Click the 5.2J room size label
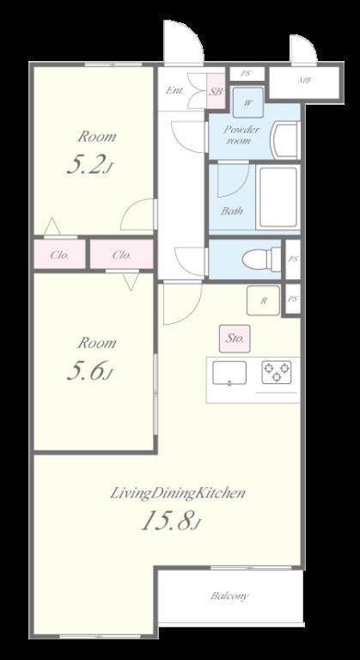tap(89, 166)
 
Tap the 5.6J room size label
tap(89, 371)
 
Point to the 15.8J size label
tap(169, 520)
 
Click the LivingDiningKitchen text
tap(177, 493)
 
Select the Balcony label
tap(229, 596)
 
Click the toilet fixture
tap(261, 259)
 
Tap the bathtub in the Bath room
tap(278, 197)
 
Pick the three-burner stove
tap(276, 372)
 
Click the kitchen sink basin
tap(229, 373)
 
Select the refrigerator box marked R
tap(263, 300)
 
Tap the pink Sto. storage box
tap(235, 339)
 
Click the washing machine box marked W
tap(248, 102)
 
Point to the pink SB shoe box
tap(216, 91)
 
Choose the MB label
tap(305, 80)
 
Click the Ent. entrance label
tap(174, 90)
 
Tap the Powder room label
tap(241, 135)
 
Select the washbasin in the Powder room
tap(286, 140)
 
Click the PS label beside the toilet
tap(293, 259)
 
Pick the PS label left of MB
tap(246, 73)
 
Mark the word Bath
tap(232, 211)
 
